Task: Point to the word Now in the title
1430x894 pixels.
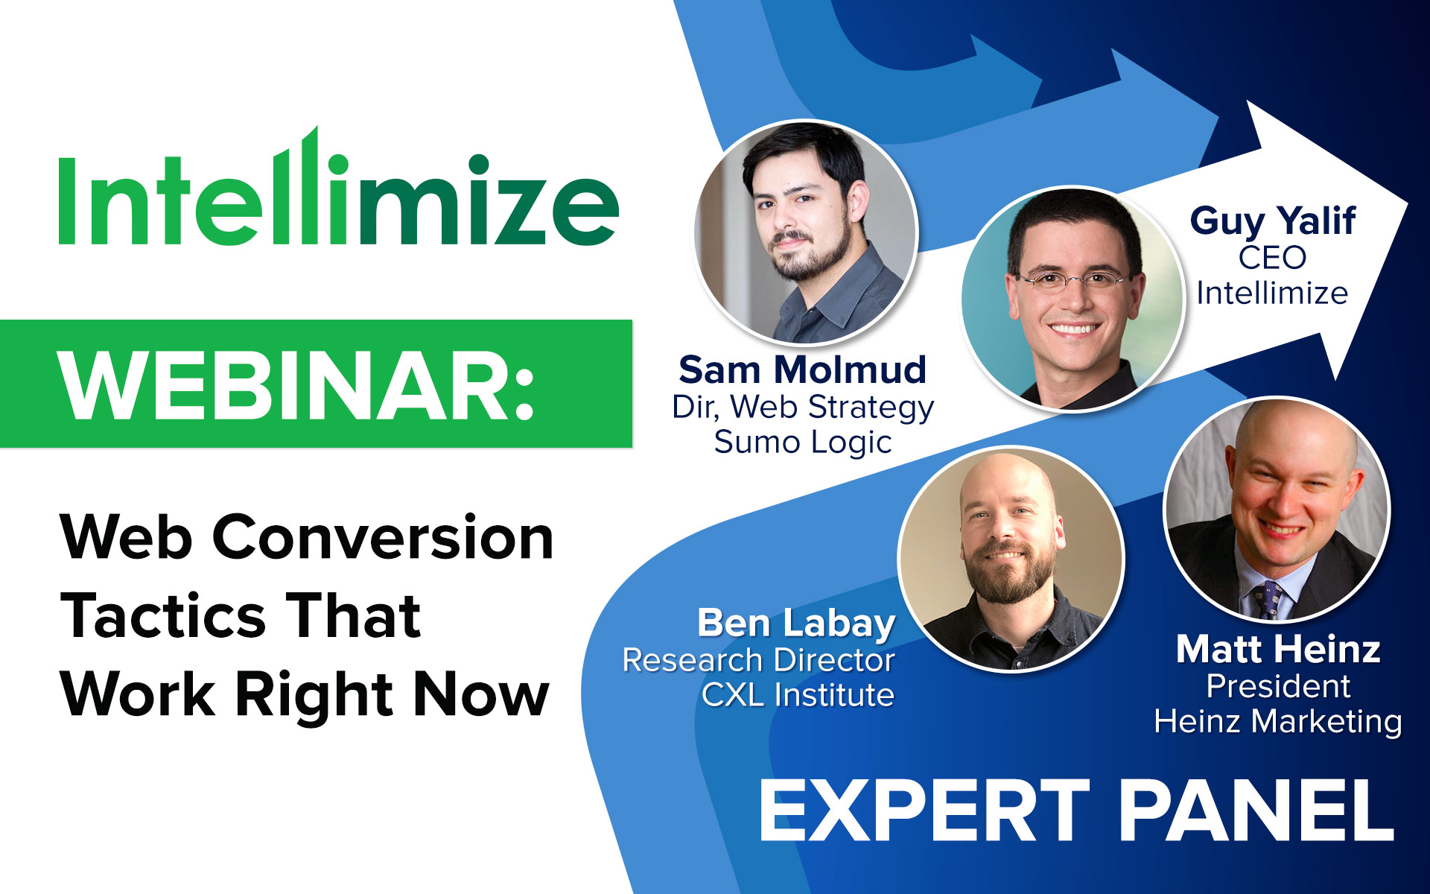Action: tap(481, 694)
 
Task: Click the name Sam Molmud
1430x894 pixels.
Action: tap(803, 370)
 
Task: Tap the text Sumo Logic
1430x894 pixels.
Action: tap(803, 442)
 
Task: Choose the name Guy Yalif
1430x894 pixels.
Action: tap(1273, 221)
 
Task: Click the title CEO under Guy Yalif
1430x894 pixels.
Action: tap(1273, 258)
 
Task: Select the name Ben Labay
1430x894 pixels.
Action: tap(796, 624)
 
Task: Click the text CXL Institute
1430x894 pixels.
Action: tap(798, 695)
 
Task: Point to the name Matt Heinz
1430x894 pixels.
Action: tap(1278, 649)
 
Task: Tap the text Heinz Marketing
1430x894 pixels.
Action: tap(1278, 722)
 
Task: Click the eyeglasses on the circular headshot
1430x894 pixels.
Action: tap(1072, 280)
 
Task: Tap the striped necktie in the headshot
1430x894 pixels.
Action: tap(1268, 600)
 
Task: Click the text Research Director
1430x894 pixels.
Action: tap(758, 660)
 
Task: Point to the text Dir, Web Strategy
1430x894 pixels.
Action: tap(803, 408)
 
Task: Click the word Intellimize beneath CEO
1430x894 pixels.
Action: tap(1272, 293)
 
